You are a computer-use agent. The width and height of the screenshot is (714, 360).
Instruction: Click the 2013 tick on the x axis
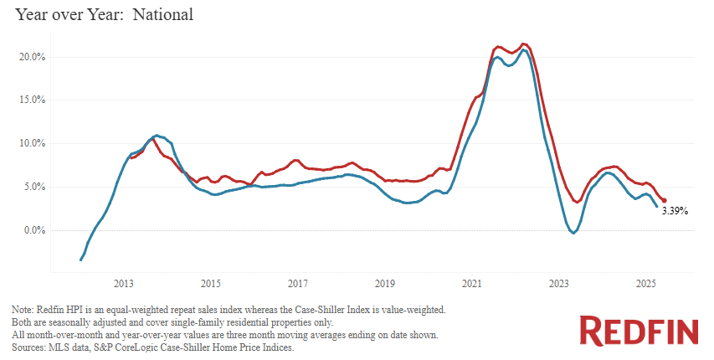tap(124, 282)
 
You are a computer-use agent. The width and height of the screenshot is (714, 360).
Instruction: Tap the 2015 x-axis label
tap(210, 282)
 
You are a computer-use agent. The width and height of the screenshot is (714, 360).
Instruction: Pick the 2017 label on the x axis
tap(297, 282)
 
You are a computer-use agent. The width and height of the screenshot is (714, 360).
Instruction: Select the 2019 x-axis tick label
tap(384, 282)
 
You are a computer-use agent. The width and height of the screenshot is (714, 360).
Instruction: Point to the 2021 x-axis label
tap(470, 282)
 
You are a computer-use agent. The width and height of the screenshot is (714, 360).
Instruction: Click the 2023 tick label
tap(557, 282)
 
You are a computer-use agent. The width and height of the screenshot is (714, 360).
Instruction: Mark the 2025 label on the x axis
tap(645, 282)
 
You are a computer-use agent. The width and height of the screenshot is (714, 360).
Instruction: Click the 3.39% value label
tap(675, 212)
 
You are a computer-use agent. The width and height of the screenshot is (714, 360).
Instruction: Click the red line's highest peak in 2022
tap(524, 44)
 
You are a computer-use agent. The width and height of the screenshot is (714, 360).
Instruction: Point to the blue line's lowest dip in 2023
tap(573, 233)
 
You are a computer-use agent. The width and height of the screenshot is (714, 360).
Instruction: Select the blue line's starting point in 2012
tap(80, 260)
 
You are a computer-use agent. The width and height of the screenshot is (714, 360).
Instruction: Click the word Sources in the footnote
tap(30, 346)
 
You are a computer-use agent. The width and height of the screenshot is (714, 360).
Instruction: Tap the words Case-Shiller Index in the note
tap(342, 310)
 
